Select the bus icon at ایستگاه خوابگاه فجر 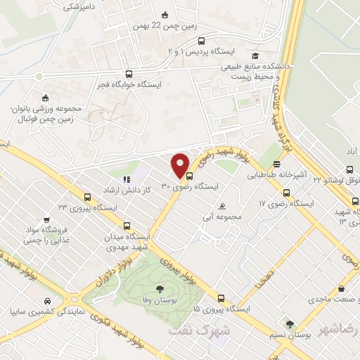[127, 73]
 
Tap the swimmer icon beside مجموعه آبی [223, 206]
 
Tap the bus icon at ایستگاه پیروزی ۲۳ [86, 197]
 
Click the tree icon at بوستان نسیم [289, 324]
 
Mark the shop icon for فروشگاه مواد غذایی [45, 219]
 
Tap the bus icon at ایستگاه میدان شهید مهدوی [127, 226]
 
